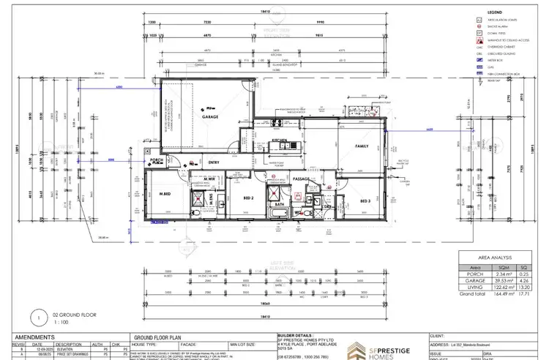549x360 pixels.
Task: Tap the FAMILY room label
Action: [x=361, y=146]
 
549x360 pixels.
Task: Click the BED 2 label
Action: [x=247, y=198]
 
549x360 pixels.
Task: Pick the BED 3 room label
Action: [x=364, y=200]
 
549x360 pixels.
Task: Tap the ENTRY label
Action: [x=214, y=162]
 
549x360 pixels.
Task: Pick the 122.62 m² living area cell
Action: [x=501, y=287]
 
